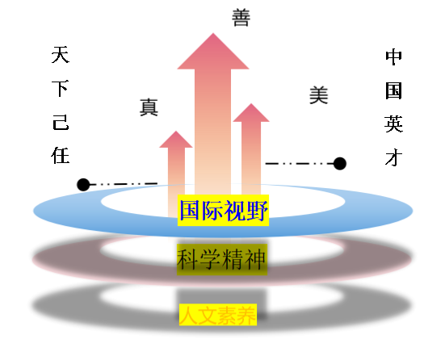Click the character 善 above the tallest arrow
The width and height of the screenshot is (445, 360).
(241, 18)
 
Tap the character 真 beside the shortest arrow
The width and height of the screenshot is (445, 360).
(149, 107)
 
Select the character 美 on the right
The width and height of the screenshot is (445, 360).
(319, 95)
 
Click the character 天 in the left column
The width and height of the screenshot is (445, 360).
(61, 55)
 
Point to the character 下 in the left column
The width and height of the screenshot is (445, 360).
(61, 88)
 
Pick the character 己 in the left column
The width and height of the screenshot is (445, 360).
(61, 123)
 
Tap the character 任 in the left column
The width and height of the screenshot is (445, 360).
(61, 155)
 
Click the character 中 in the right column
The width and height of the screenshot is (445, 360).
(394, 57)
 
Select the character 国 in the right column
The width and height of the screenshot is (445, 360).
(394, 90)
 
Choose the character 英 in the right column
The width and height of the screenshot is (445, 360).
(394, 123)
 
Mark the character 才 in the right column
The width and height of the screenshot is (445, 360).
(394, 157)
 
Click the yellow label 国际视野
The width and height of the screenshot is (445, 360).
(224, 210)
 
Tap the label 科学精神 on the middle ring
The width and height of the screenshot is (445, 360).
(222, 259)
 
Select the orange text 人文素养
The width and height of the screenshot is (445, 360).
(218, 315)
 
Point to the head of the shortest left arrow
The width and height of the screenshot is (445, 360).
(176, 140)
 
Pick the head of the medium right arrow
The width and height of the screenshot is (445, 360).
(251, 114)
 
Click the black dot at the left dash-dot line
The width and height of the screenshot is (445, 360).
(83, 185)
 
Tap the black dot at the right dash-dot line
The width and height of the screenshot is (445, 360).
(340, 164)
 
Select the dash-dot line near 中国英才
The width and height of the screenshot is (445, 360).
(300, 164)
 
